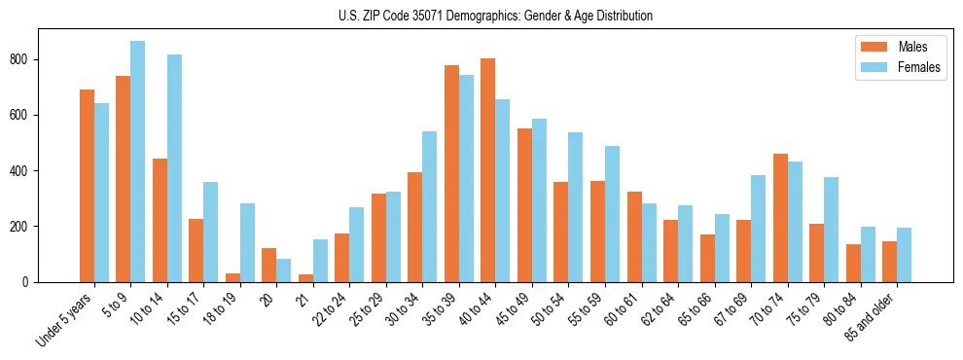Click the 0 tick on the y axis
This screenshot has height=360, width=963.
(31, 282)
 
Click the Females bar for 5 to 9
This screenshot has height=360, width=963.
(137, 162)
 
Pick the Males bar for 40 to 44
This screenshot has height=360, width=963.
(487, 170)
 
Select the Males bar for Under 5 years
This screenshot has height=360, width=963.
(87, 186)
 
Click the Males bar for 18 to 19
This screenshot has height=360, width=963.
(232, 277)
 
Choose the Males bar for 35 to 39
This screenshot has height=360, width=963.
(451, 174)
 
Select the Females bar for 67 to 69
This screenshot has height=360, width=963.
(758, 229)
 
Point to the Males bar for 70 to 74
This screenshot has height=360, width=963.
(780, 218)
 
